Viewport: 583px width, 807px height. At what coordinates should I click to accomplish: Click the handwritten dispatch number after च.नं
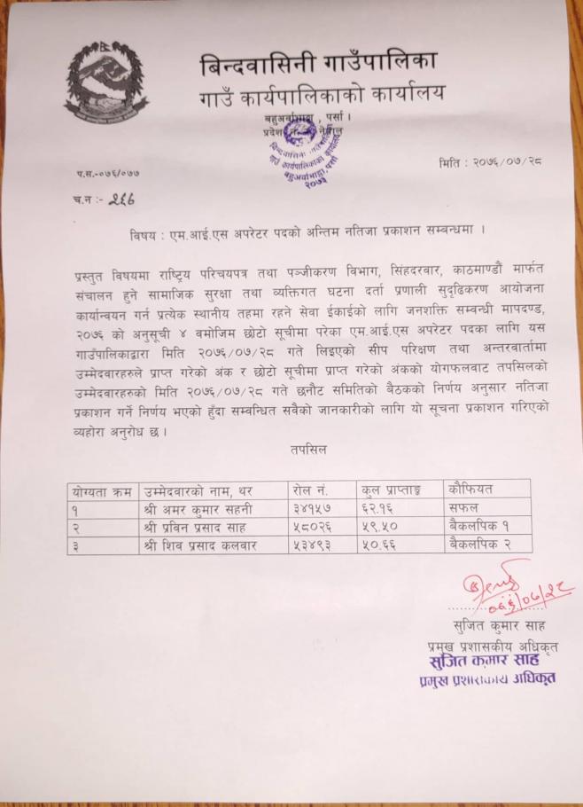pyautogui.click(x=119, y=201)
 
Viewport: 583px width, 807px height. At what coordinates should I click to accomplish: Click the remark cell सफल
pyautogui.click(x=464, y=508)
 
